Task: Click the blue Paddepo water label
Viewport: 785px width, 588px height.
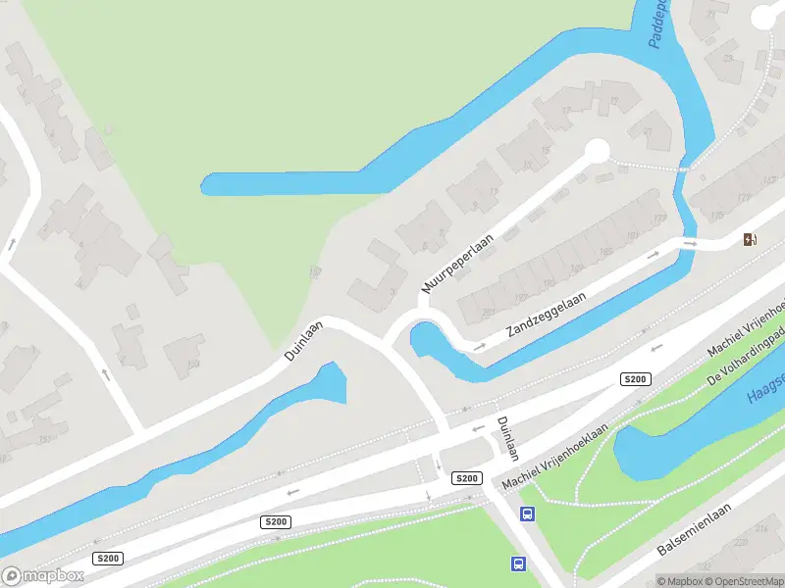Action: coord(660,24)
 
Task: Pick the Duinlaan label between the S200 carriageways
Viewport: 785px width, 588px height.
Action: coord(505,435)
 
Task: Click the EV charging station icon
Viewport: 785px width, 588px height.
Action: coord(751,239)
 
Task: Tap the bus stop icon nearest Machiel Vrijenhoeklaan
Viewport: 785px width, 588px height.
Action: coord(527,514)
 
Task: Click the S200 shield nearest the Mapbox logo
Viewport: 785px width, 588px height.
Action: coord(108,558)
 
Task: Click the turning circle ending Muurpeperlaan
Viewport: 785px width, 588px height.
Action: coord(596,150)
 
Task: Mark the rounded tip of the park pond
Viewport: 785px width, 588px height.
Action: coord(208,183)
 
